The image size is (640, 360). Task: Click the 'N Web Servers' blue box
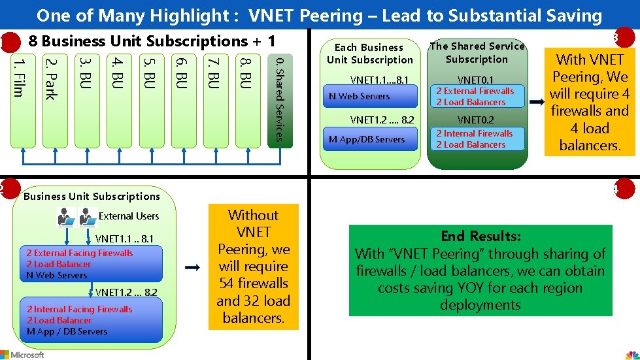click(370, 97)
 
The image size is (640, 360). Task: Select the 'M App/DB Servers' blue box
click(370, 139)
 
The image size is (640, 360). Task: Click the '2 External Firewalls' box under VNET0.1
click(477, 97)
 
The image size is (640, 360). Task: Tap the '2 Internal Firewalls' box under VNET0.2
click(477, 139)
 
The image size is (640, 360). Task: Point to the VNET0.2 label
click(475, 120)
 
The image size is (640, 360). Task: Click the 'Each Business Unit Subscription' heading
click(370, 54)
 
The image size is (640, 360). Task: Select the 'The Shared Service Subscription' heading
click(477, 52)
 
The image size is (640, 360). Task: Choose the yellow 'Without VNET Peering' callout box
click(253, 267)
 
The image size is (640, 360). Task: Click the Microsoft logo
click(22, 354)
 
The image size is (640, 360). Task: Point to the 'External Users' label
click(129, 216)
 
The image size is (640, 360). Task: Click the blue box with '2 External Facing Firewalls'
click(94, 264)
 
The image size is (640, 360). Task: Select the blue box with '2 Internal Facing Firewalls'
click(94, 320)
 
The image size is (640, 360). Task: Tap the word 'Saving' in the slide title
click(562, 16)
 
